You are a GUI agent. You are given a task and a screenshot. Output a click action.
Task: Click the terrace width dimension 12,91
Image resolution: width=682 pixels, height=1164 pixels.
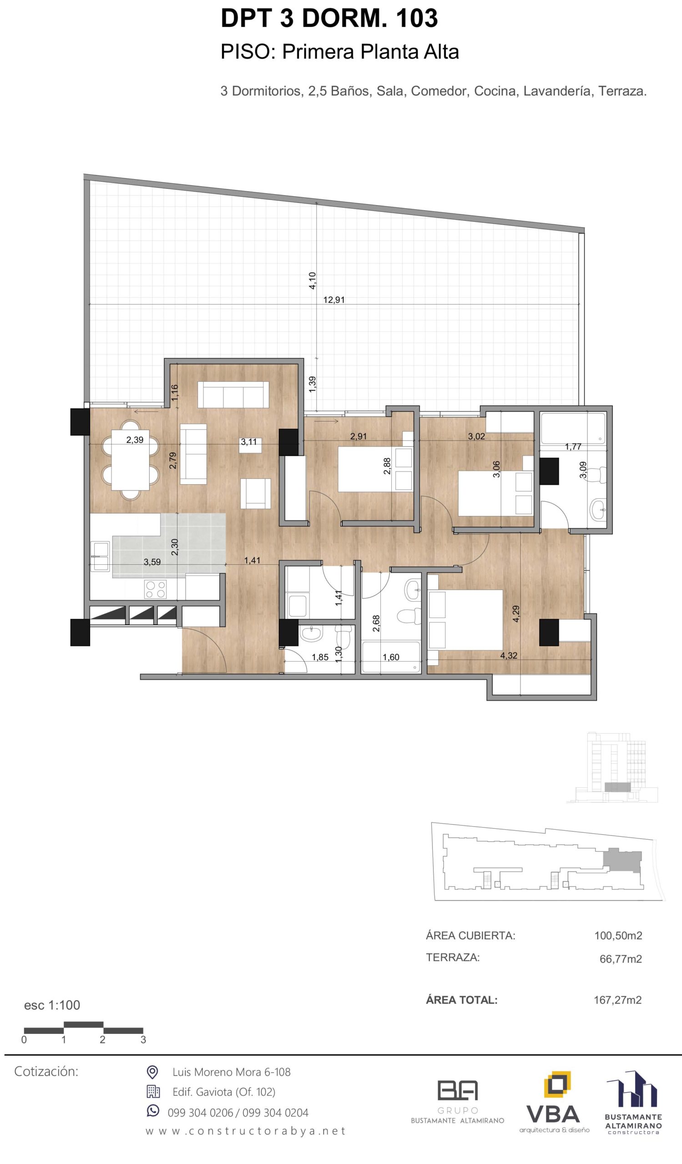coord(333,300)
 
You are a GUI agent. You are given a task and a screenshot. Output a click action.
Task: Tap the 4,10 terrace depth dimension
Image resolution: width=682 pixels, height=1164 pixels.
coord(313,281)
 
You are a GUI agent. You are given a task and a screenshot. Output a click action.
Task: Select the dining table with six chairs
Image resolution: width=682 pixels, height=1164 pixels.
coord(130,460)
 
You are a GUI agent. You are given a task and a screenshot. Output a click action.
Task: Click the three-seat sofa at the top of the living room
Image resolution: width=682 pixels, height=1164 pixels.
coord(233,395)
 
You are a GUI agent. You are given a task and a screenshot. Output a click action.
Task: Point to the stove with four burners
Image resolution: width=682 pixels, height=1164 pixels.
coord(155,589)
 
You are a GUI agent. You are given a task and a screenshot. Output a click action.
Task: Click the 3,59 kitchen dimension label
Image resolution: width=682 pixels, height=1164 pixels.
coord(152,562)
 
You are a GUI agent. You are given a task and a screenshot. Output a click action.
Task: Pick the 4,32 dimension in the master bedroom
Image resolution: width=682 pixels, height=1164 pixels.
coord(509,656)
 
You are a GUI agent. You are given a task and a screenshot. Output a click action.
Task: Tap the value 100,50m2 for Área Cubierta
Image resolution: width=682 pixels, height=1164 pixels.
coord(618,936)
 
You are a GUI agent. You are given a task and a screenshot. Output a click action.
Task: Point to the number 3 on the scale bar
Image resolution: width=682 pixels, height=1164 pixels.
coord(143,1040)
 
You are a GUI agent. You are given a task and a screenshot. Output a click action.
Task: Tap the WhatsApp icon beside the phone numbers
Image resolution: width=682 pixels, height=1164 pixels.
coord(152,1111)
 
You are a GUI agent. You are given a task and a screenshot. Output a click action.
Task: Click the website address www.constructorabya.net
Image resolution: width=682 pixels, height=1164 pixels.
coord(246,1131)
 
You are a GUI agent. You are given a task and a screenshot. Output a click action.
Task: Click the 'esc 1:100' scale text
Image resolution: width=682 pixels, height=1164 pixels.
coord(52,1005)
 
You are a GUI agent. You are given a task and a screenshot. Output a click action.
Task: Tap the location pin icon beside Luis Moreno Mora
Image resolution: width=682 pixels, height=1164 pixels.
coord(152,1072)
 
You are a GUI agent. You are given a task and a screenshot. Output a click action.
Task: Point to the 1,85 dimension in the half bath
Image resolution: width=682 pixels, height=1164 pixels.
coord(320,657)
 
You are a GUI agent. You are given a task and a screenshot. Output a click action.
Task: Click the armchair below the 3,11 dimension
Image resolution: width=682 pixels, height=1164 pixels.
coord(256,493)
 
